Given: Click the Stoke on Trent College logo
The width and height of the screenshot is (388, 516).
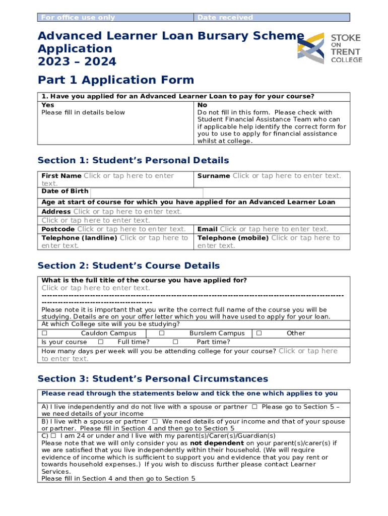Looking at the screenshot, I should point(329,48).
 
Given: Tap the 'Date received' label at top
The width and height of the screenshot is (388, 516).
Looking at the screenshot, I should point(225,18).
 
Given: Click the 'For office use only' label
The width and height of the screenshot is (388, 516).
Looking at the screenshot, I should point(78,18).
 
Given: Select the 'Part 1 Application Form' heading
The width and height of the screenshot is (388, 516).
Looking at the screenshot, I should point(115,80).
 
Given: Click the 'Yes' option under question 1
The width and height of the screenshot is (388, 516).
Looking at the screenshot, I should point(48,105).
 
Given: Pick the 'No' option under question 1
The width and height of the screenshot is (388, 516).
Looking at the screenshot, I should point(202,105).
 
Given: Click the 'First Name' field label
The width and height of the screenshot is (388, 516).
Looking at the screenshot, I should point(61,176).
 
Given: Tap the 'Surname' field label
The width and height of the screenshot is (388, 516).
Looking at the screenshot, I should point(214,176).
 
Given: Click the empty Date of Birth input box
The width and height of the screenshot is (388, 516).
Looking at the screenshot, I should point(146,192).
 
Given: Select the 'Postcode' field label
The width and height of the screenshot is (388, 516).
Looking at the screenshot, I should point(58,229).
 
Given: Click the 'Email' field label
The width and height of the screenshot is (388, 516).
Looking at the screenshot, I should point(208,229).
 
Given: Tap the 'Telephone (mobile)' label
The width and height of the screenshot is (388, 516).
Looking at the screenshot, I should point(233,238).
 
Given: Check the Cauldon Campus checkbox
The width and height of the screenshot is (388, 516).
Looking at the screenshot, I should point(44,333).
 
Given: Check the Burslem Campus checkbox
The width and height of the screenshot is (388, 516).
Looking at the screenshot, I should point(162,333).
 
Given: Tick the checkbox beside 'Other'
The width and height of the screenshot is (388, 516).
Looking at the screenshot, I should point(259,333).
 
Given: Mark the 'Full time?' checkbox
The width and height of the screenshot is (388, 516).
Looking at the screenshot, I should point(101,342).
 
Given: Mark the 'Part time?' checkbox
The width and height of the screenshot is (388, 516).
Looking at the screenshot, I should point(169,342).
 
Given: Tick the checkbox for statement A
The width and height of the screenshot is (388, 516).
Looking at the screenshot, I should point(254,407).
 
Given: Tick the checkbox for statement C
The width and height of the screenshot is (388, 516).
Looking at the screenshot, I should point(53,435).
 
